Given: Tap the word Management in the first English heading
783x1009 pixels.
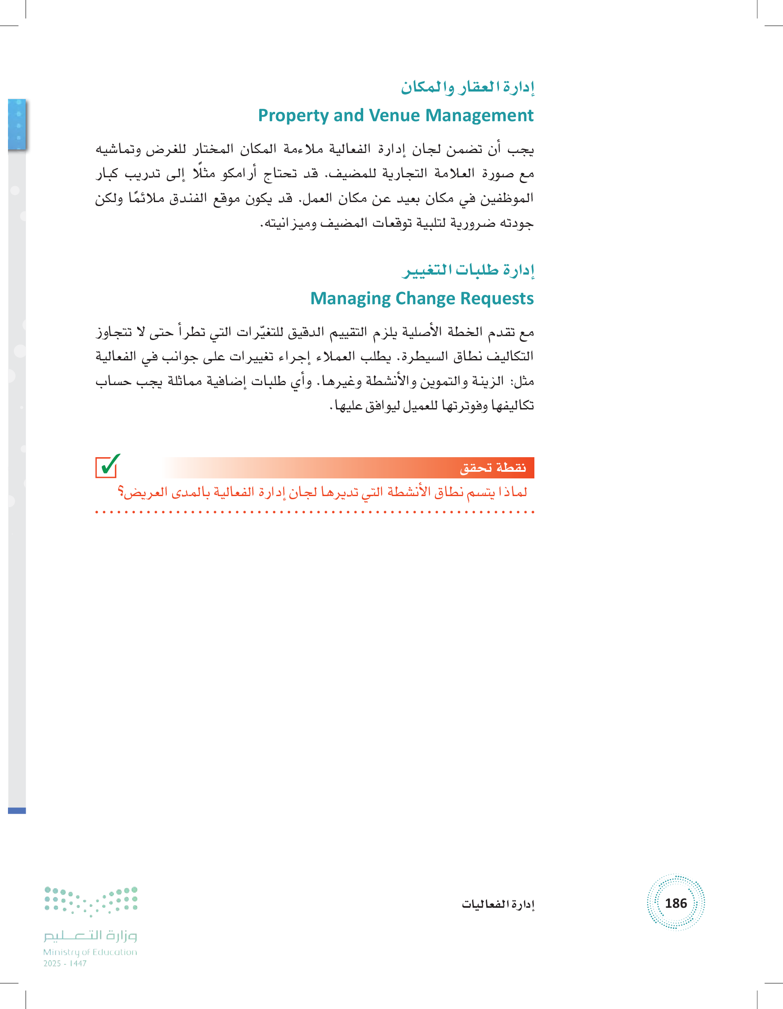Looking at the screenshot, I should point(480,115).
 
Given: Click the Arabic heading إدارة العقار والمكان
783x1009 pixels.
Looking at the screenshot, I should point(467,87).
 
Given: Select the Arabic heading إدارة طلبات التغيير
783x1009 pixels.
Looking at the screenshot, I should point(468,270).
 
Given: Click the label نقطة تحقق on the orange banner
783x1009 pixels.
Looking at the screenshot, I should point(493,467).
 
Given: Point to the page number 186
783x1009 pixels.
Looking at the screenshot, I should point(676,903).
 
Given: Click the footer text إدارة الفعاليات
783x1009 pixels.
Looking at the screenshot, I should point(498,904).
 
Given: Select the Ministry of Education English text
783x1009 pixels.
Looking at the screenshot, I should point(90,952).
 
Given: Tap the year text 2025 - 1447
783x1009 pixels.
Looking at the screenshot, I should point(65,964).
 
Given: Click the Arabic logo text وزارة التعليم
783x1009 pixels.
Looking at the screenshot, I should point(91,936).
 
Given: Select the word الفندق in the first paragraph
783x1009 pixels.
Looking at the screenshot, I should point(188,199).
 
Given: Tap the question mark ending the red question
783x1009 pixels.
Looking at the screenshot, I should point(121,493).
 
